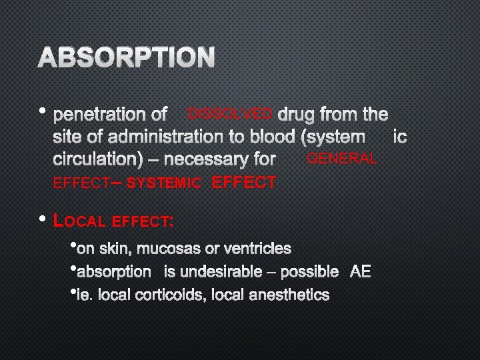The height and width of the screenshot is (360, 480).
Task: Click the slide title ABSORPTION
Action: coord(127,58)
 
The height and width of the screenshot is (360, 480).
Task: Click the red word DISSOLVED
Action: coord(230,113)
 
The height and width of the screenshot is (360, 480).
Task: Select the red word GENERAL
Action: coord(341,159)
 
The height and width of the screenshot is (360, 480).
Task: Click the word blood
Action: coord(271,137)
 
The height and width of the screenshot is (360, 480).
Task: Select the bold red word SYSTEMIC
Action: coord(163,183)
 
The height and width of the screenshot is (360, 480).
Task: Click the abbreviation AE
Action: coord(360,271)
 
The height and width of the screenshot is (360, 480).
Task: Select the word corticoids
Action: coord(170,294)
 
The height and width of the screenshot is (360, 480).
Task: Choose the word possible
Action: coord(309,271)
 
